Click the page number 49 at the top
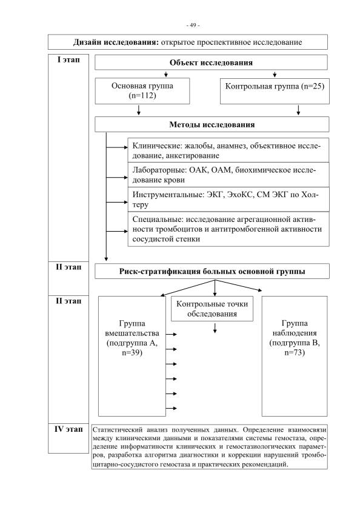pos(193,25)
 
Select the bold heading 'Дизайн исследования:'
pos(116,42)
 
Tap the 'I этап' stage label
pos(68,59)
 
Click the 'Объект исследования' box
pos(211,62)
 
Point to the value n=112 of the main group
pos(142,96)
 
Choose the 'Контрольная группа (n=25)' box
pos(275,91)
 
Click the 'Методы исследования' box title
pos(212,124)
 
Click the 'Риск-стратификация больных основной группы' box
pos(212,271)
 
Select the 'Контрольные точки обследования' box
pos(212,309)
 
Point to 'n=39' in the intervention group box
pos(132,352)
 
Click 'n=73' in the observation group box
pos(295,352)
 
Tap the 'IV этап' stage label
pos(68,429)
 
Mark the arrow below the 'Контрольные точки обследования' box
pos(215,328)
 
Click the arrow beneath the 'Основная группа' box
pos(139,110)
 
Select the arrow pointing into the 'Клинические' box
pos(117,147)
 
